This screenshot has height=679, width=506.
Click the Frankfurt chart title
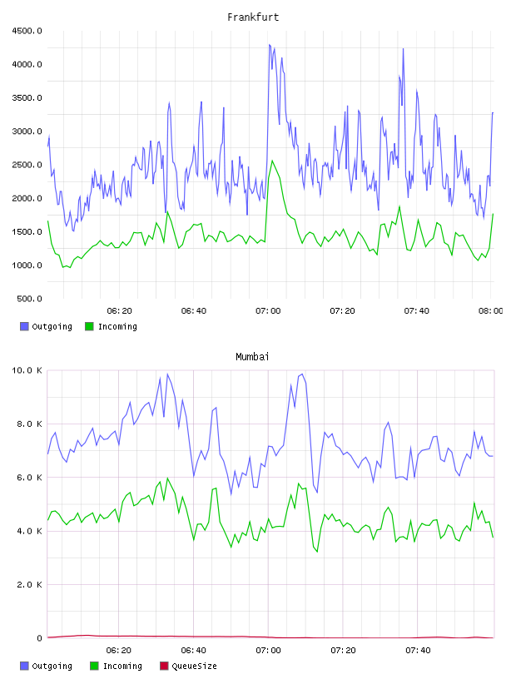(253, 17)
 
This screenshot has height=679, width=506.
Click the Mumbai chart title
(252, 357)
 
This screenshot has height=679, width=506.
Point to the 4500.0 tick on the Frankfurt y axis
(27, 31)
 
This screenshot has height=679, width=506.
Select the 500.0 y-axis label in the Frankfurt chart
(29, 299)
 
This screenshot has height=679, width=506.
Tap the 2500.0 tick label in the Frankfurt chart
(27, 165)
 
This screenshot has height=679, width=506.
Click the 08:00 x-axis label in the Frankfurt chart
(491, 311)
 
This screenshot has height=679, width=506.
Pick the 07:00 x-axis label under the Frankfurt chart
(268, 311)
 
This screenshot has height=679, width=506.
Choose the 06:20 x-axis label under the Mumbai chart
(119, 651)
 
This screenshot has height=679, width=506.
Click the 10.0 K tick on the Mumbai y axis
(27, 370)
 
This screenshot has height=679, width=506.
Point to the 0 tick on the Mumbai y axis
(39, 638)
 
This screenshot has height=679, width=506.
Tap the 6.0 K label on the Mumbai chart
(29, 478)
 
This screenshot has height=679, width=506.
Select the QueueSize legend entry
(188, 666)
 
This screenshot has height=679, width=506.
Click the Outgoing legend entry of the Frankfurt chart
(47, 326)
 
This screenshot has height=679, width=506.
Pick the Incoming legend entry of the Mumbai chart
(117, 666)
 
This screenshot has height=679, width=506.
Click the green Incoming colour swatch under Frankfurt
(89, 326)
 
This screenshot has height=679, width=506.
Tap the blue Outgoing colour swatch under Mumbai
(24, 666)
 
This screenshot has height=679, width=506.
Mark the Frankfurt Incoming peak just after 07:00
(272, 161)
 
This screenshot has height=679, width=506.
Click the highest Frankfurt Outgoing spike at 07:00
(270, 45)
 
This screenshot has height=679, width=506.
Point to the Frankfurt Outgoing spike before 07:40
(404, 49)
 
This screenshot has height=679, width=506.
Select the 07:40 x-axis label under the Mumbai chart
(418, 651)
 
